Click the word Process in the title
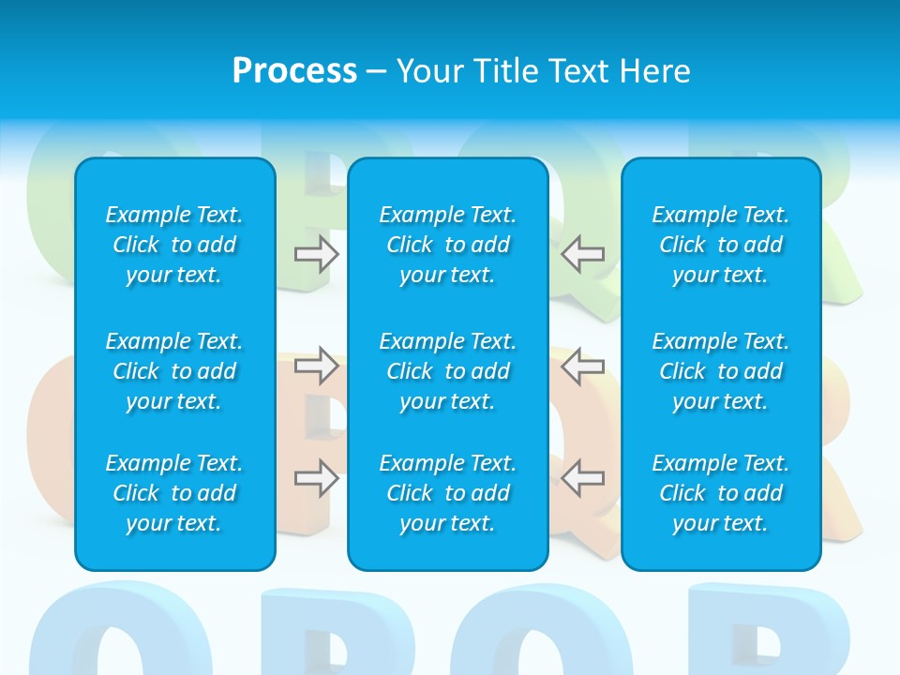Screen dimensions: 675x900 [294, 71]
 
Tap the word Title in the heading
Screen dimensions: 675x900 [503, 71]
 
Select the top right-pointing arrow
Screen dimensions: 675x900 [316, 254]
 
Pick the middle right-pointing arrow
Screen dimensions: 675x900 [316, 366]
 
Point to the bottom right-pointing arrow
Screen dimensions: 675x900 [316, 478]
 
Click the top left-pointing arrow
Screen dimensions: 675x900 [582, 254]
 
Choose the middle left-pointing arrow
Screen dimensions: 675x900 [582, 366]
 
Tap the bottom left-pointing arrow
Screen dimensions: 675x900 [582, 478]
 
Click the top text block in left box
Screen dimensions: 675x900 [174, 245]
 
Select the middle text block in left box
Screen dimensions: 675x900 [174, 371]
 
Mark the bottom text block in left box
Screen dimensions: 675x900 [174, 493]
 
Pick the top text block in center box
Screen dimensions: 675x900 [447, 245]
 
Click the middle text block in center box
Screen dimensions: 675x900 [447, 371]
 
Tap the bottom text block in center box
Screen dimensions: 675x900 [447, 493]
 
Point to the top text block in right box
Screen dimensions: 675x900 [720, 245]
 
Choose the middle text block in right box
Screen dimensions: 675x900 [720, 371]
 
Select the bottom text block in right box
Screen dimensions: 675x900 [720, 493]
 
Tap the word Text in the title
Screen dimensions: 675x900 [575, 71]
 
